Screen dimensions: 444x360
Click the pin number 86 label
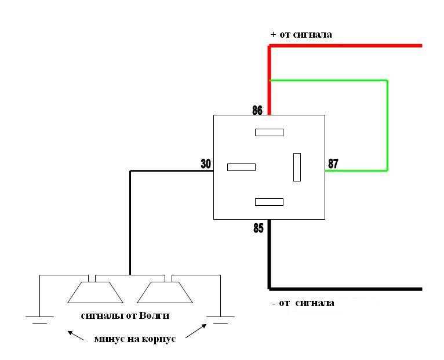pyautogui.click(x=257, y=110)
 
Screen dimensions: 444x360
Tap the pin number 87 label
pyautogui.click(x=333, y=163)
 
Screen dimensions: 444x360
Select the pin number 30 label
pyautogui.click(x=206, y=163)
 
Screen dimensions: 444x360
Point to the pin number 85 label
pyautogui.click(x=259, y=228)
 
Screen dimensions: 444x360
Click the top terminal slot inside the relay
pyautogui.click(x=269, y=132)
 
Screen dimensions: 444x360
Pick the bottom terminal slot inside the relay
pyautogui.click(x=269, y=202)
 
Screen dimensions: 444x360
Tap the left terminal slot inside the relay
pyautogui.click(x=241, y=167)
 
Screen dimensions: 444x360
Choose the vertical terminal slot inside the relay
pyautogui.click(x=297, y=167)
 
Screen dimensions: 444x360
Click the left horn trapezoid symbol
pyautogui.click(x=96, y=292)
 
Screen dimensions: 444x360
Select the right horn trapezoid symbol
pyautogui.click(x=165, y=292)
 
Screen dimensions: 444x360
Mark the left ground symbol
pyautogui.click(x=39, y=320)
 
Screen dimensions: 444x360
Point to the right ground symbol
pyautogui.click(x=220, y=320)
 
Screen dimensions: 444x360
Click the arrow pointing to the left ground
pyautogui.click(x=76, y=335)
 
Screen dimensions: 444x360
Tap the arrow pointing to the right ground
pyautogui.click(x=196, y=331)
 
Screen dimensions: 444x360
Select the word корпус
pyautogui.click(x=159, y=339)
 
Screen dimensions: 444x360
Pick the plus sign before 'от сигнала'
pyautogui.click(x=273, y=35)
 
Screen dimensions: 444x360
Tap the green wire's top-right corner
pyautogui.click(x=387, y=81)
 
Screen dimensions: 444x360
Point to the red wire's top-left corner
pyautogui.click(x=270, y=46)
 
